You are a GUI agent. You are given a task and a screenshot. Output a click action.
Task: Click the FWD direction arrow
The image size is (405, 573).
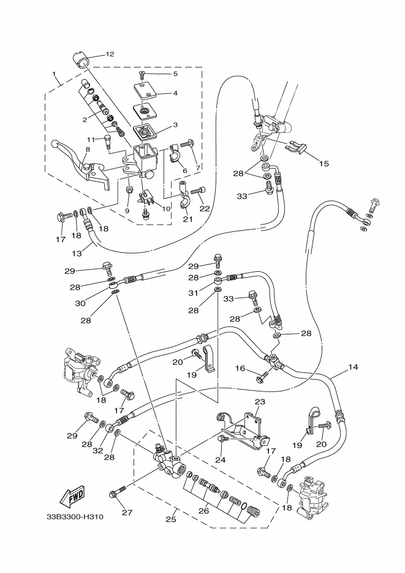(72, 494)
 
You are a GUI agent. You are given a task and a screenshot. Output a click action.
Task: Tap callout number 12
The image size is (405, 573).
(110, 54)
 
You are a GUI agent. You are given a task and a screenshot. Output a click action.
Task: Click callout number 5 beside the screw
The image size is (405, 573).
(175, 74)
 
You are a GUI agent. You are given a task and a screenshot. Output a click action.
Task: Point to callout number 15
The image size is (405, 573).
(324, 164)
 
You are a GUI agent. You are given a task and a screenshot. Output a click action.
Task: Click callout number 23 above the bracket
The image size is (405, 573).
(259, 402)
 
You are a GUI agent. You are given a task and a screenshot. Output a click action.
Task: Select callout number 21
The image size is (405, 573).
(187, 220)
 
